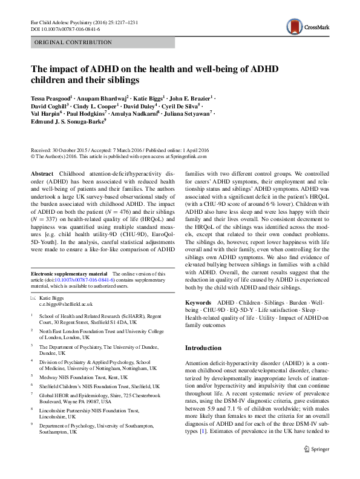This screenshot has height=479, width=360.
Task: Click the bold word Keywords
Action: point(197,301)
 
